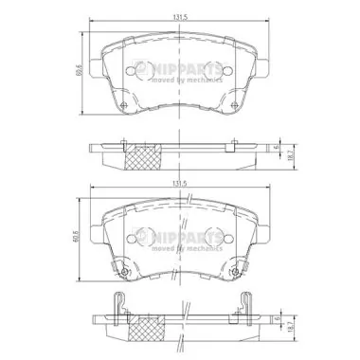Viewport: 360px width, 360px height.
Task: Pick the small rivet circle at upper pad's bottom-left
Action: (122, 105)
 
